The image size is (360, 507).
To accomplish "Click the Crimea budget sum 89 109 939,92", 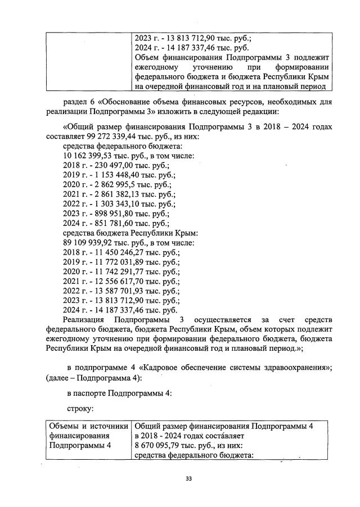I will click(89, 243).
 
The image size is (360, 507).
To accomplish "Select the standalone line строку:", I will click(82, 409).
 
